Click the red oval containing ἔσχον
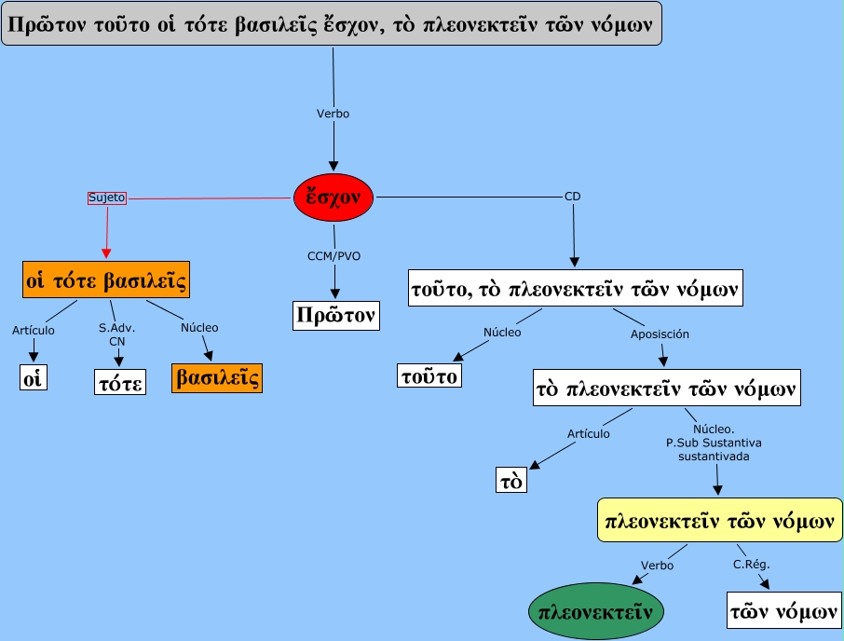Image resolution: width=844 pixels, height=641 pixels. [334, 197]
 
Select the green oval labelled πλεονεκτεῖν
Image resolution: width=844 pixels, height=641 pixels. [597, 611]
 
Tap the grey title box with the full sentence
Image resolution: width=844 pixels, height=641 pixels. [333, 24]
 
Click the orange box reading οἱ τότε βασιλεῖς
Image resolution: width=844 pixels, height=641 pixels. [105, 280]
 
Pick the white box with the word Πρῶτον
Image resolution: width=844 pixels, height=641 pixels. [336, 316]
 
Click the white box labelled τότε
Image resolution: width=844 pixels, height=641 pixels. [120, 381]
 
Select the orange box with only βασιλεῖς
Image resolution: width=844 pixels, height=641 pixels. [217, 377]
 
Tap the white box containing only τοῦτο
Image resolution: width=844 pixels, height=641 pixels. [430, 375]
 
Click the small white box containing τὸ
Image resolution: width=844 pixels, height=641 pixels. [510, 479]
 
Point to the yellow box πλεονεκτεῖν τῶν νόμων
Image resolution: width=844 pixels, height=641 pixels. [719, 520]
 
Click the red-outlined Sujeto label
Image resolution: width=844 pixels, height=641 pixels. [107, 198]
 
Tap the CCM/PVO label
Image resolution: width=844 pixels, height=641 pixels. [334, 254]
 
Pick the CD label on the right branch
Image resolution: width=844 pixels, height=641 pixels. [572, 197]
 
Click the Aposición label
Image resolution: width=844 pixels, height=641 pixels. [660, 333]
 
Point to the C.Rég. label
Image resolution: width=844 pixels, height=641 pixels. [752, 564]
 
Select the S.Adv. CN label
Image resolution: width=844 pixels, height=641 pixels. [116, 334]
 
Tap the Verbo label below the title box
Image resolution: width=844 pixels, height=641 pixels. [334, 113]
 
